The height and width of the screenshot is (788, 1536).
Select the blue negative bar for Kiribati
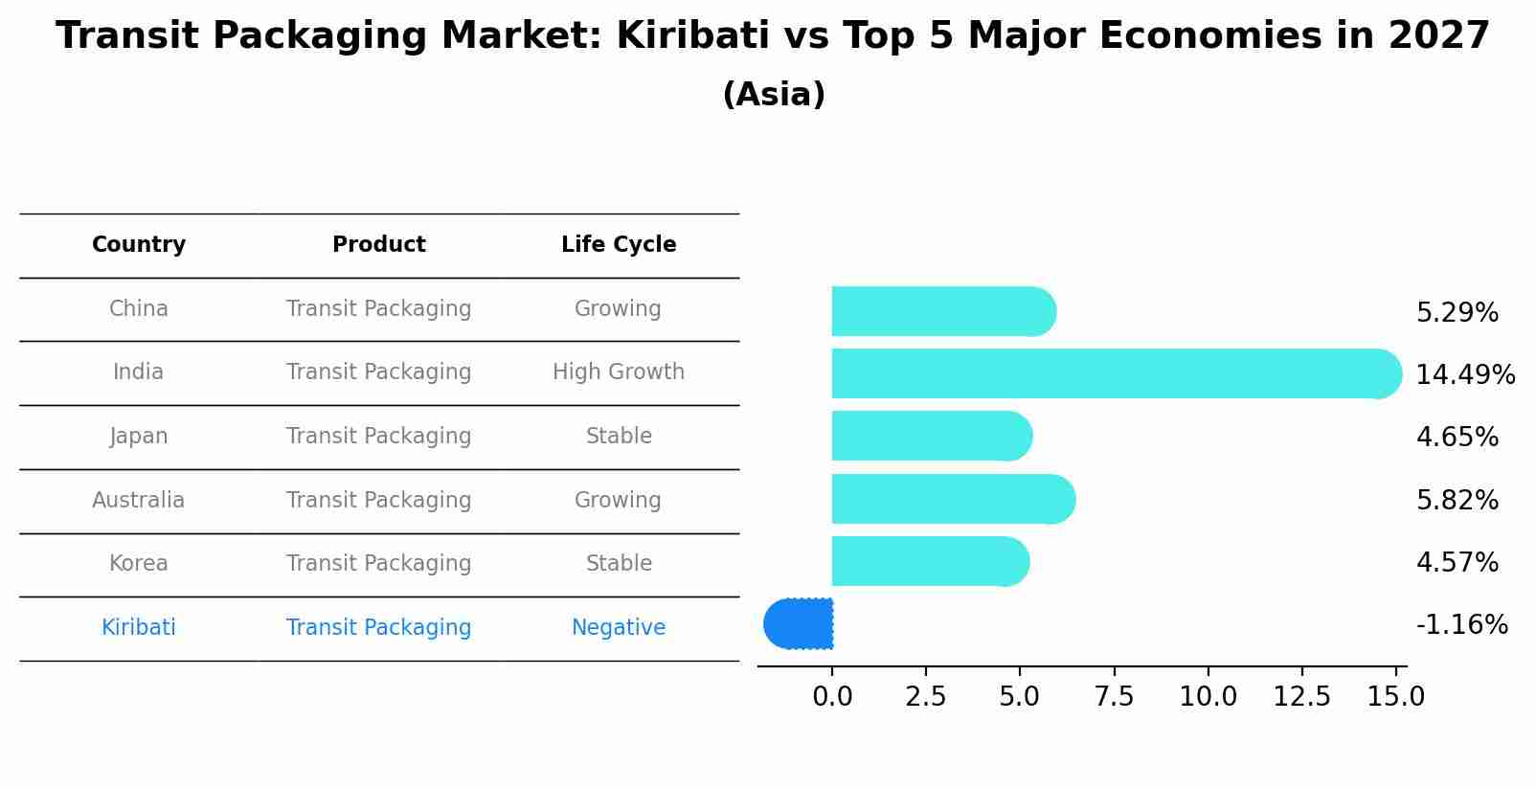coord(800,623)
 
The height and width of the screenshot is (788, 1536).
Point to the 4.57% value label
coord(1457,562)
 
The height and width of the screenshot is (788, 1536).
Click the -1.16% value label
coord(1461,625)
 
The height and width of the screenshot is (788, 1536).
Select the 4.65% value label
coord(1457,438)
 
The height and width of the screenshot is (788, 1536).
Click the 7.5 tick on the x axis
coord(1114,696)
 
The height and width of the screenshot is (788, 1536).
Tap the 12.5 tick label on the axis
coord(1301,696)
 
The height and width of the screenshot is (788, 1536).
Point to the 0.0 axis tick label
coord(832,696)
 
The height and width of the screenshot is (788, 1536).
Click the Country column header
coord(139,245)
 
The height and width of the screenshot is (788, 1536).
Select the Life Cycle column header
coord(619,245)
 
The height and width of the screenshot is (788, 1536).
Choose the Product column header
coord(378,245)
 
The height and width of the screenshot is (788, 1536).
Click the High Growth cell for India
coord(619,371)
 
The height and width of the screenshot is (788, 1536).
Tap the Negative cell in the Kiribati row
coord(619,627)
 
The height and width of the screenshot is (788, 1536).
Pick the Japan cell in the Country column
coord(139,436)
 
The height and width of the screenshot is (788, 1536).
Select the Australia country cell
coord(139,500)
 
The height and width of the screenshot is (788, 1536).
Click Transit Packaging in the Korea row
coord(378,563)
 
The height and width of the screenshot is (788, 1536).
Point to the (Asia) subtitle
coord(774,95)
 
